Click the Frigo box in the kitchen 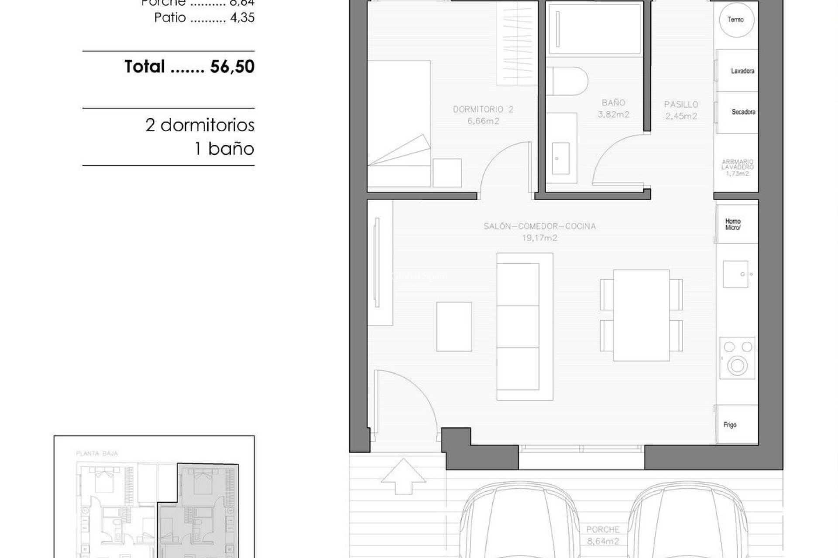click(737, 424)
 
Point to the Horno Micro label click(733, 225)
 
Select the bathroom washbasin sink click(560, 158)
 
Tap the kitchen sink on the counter click(736, 274)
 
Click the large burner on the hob click(737, 365)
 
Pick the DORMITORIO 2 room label click(483, 109)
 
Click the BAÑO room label click(613, 103)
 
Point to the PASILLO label click(681, 105)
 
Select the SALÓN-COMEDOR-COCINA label click(539, 226)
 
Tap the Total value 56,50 click(232, 67)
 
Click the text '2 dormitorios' click(200, 126)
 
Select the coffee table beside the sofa click(454, 327)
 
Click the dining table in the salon click(641, 315)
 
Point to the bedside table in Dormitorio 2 click(447, 173)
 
